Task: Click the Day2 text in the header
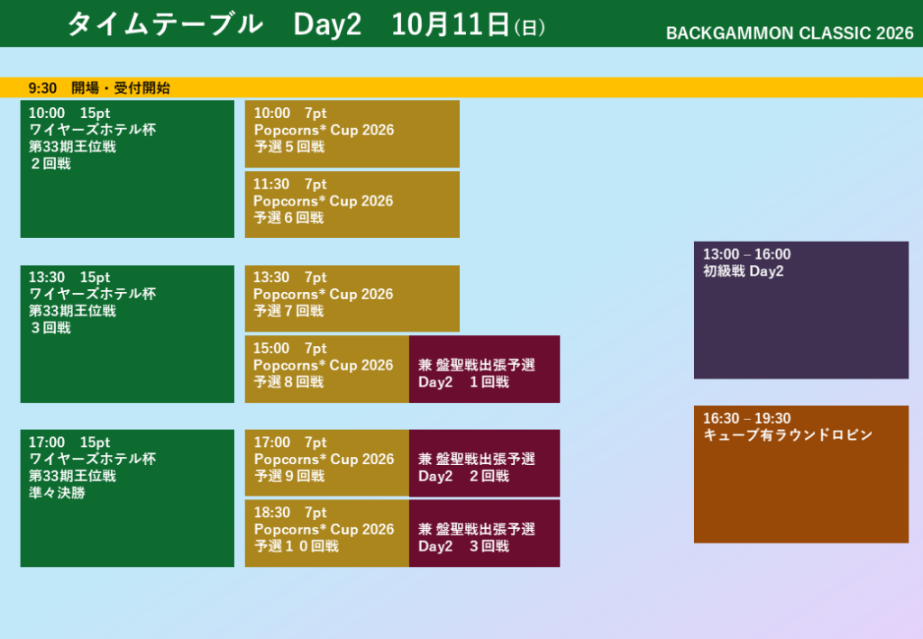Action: pos(326,24)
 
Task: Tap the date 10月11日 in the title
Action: pos(451,24)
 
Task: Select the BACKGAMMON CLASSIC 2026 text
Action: pos(790,33)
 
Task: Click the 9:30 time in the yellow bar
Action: pos(42,88)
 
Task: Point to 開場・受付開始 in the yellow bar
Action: pos(121,88)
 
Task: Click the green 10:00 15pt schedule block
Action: pos(127,169)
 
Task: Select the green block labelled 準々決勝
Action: pos(127,498)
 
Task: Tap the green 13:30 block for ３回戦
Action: pos(127,334)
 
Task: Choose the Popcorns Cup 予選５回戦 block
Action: pos(352,133)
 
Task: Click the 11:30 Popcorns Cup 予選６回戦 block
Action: pos(352,205)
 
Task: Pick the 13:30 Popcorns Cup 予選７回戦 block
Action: pos(352,298)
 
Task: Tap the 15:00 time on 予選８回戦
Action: pos(271,348)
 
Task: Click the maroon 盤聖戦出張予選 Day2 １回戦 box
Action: pos(484,370)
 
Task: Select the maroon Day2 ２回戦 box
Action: pos(484,463)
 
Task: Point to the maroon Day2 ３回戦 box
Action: pos(484,534)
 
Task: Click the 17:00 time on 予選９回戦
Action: pos(272,443)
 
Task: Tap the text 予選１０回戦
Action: pos(296,547)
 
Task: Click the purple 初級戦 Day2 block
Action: pos(801,310)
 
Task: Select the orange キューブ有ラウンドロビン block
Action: pos(801,474)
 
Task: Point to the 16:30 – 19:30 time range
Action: pos(746,418)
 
